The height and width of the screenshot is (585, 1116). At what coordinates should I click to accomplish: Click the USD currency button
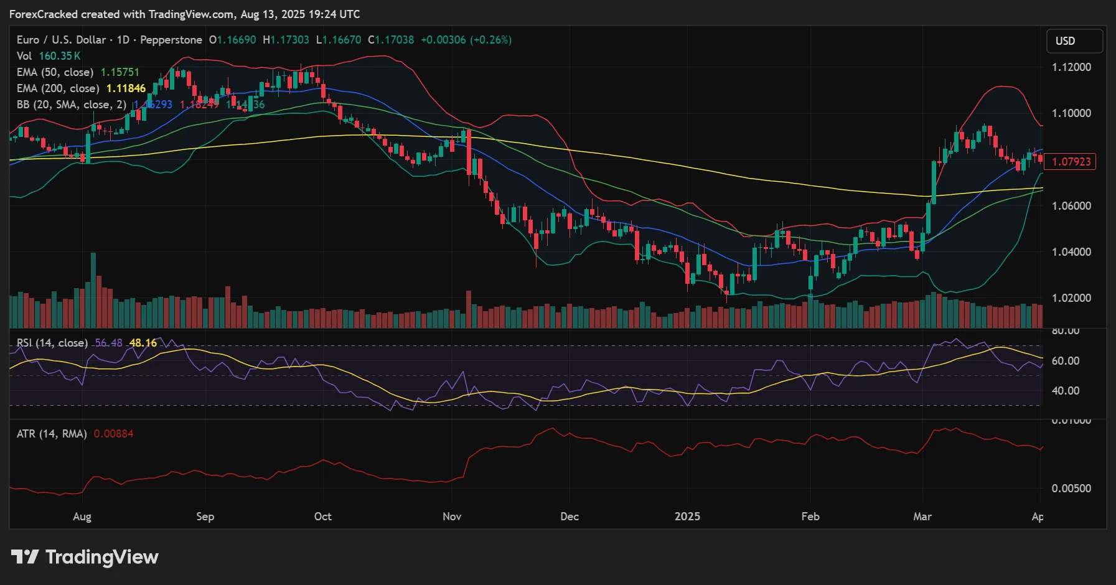click(1074, 41)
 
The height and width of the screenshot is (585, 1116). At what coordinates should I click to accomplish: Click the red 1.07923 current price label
click(1071, 162)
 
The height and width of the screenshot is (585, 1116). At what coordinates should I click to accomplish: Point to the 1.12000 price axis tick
click(1071, 67)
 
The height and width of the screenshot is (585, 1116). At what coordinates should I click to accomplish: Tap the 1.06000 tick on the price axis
click(1071, 206)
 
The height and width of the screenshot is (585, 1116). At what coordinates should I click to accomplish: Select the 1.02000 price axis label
click(1071, 298)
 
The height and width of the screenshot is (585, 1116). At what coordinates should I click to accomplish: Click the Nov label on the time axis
click(452, 517)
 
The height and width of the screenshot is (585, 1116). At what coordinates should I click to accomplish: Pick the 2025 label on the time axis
click(687, 517)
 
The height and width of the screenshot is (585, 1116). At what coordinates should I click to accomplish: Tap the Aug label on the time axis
click(82, 517)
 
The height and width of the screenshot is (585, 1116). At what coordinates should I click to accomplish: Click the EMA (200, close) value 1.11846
click(126, 88)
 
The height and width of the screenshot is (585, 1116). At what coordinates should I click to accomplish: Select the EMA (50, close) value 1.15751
click(120, 72)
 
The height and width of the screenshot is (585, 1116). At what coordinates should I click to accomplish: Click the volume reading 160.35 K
click(60, 56)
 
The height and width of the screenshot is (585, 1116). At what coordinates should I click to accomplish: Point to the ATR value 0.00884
click(113, 434)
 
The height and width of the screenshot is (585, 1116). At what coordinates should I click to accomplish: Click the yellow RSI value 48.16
click(143, 343)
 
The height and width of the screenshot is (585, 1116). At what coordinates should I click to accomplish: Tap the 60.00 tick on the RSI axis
click(1065, 361)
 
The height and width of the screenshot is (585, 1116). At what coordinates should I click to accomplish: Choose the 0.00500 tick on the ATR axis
click(1071, 489)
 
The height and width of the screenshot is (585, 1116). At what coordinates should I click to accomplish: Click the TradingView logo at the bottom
click(85, 557)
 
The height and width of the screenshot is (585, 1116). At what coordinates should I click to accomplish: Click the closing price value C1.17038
click(391, 40)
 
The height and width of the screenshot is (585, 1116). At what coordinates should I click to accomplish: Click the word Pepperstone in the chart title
click(171, 40)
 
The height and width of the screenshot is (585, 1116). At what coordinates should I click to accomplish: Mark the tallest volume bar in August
click(93, 289)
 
